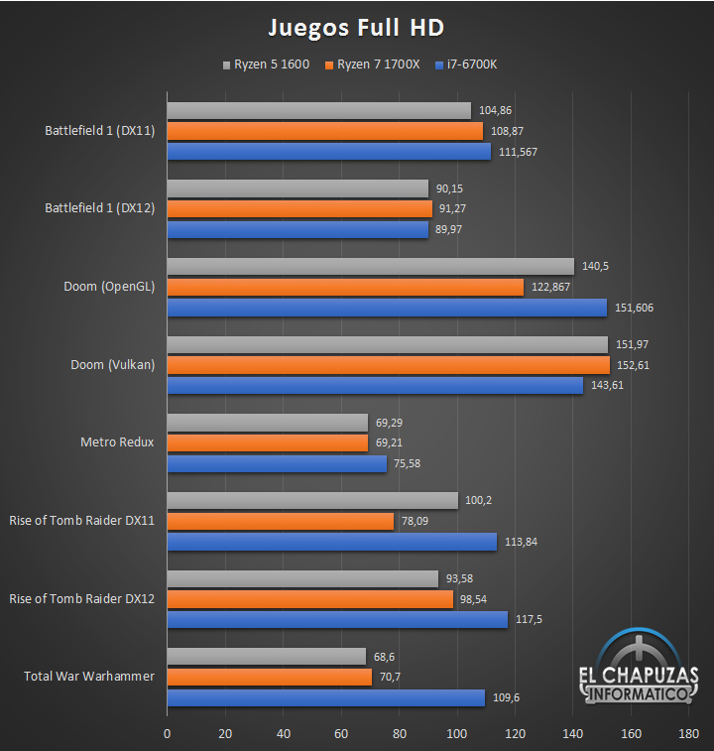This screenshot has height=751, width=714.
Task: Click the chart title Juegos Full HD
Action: click(x=356, y=26)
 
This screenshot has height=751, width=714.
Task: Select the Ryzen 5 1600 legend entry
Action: click(x=265, y=65)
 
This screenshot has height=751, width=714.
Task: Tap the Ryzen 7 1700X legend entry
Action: click(x=371, y=65)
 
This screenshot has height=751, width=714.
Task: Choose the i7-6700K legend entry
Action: click(x=465, y=65)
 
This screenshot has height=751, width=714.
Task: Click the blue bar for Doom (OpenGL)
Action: click(x=387, y=308)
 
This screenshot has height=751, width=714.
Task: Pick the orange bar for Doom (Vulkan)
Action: click(x=388, y=365)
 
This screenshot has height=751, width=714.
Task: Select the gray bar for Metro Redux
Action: click(x=267, y=422)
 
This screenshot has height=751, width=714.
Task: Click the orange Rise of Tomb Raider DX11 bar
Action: click(x=280, y=521)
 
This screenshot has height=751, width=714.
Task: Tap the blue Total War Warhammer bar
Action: click(x=325, y=697)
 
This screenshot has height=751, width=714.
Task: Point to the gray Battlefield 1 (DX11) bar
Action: click(x=318, y=110)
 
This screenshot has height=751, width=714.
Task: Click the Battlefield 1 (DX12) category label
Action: click(x=99, y=208)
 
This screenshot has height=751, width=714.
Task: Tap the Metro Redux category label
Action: click(x=117, y=441)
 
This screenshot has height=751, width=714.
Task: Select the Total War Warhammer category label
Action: click(x=89, y=677)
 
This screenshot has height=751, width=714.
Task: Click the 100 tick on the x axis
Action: click(x=457, y=734)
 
